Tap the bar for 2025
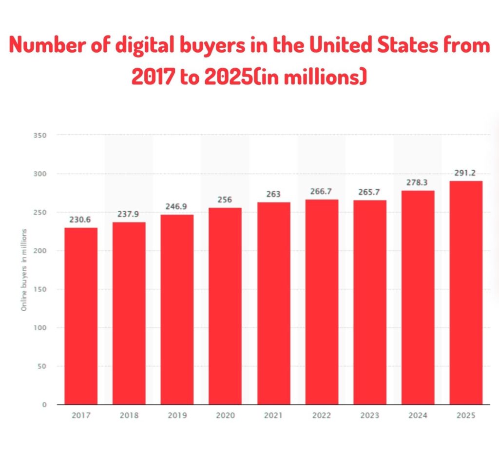click(x=466, y=293)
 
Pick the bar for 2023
click(x=370, y=302)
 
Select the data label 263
click(x=273, y=195)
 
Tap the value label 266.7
click(x=322, y=192)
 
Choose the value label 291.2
click(x=466, y=173)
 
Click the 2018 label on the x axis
click(x=129, y=416)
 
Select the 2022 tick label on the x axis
click(x=322, y=416)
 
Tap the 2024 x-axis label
click(x=418, y=416)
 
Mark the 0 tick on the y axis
click(x=44, y=404)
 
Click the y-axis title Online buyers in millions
click(x=24, y=270)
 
